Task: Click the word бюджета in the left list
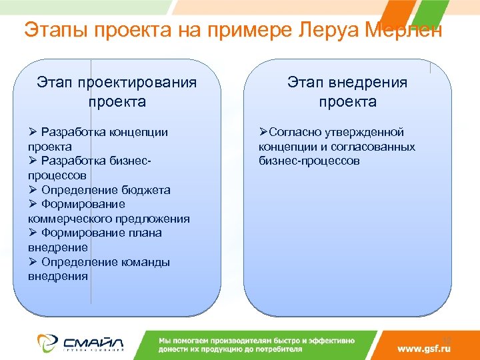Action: [x=145, y=190]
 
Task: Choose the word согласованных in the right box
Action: [x=377, y=147]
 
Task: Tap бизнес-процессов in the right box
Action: [x=309, y=161]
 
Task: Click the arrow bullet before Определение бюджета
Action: [x=33, y=190]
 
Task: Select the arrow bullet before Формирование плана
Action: [x=33, y=233]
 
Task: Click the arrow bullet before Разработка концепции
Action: [x=33, y=132]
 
